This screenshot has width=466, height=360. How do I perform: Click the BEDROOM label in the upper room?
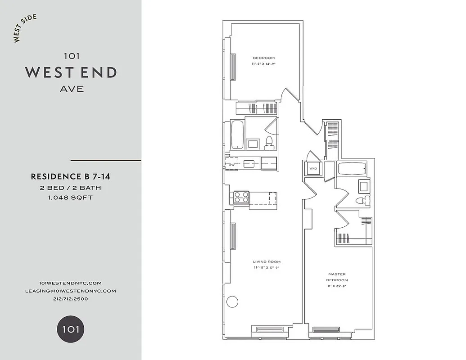tap(263, 58)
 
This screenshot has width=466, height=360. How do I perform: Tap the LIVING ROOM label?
tap(267, 261)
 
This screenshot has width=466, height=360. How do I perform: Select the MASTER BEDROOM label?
tap(337, 277)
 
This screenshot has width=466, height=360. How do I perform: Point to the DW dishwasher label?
tap(231, 165)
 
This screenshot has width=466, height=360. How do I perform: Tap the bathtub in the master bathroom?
tap(352, 169)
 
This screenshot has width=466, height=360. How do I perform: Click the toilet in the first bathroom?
tap(269, 142)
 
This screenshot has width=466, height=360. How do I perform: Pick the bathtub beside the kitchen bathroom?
tap(237, 134)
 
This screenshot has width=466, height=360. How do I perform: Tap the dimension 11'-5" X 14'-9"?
tap(263, 64)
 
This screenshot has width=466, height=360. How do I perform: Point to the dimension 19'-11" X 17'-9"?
tap(267, 268)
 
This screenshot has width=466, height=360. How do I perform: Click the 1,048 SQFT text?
tap(70, 198)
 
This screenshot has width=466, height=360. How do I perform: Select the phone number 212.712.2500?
tap(70, 299)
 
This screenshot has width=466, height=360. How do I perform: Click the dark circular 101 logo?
tap(70, 329)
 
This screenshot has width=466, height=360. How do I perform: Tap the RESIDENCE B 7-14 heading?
tap(70, 177)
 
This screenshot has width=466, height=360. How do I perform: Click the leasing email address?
tap(70, 291)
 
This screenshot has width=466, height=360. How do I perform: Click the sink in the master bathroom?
tap(364, 185)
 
